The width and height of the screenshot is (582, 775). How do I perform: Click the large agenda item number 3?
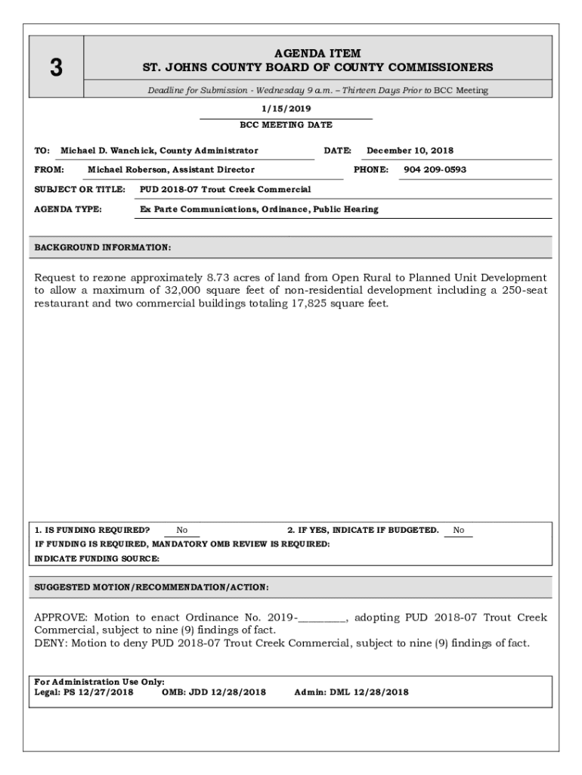(x=56, y=68)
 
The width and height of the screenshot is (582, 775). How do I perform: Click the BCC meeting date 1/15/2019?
(x=286, y=109)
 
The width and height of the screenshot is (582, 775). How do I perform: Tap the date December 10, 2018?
(x=410, y=151)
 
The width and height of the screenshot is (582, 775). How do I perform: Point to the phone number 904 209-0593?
(x=435, y=170)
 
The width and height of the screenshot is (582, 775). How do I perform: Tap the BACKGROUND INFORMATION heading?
(x=103, y=247)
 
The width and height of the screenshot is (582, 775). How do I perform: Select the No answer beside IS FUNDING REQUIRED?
(x=182, y=531)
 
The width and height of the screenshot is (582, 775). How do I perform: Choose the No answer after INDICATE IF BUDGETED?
(x=459, y=531)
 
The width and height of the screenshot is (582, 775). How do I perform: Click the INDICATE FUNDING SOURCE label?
(x=98, y=559)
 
